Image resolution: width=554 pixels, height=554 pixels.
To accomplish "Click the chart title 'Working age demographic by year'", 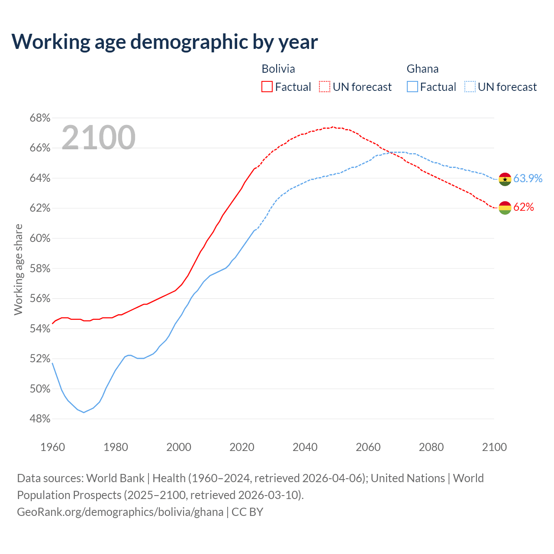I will (164, 42).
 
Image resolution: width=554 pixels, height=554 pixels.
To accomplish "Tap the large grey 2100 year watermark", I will (99, 138).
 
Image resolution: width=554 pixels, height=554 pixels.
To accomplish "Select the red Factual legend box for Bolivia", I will (267, 87).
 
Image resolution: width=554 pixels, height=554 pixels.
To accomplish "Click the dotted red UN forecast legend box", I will (325, 87).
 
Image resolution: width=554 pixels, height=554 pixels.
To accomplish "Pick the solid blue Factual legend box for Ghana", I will (412, 87).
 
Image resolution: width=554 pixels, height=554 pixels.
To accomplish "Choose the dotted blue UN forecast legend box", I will (470, 87).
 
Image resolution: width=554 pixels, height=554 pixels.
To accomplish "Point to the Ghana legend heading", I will (422, 69).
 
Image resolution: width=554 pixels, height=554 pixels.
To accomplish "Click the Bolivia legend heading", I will (278, 69).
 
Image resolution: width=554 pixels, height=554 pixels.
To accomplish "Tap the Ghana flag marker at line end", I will (505, 179).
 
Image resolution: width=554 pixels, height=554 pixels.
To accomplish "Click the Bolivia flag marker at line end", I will (505, 208).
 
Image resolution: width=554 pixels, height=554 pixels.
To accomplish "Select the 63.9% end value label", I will (528, 178).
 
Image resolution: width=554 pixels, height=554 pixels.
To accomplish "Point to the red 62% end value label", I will (524, 207).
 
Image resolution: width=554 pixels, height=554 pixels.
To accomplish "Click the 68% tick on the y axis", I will (40, 118).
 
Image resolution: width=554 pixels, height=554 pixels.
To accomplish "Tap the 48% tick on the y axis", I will (40, 419).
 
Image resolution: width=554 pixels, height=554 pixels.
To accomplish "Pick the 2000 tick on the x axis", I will (179, 447).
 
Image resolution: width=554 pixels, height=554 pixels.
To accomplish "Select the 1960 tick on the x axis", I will (53, 447).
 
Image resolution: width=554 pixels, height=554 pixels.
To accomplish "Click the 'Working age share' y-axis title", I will (18, 269).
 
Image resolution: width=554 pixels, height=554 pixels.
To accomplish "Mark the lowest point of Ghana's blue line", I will (84, 412).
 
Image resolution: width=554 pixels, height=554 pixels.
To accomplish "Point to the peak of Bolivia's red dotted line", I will (332, 127).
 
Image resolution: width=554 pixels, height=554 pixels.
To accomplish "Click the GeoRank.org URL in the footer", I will (120, 512).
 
